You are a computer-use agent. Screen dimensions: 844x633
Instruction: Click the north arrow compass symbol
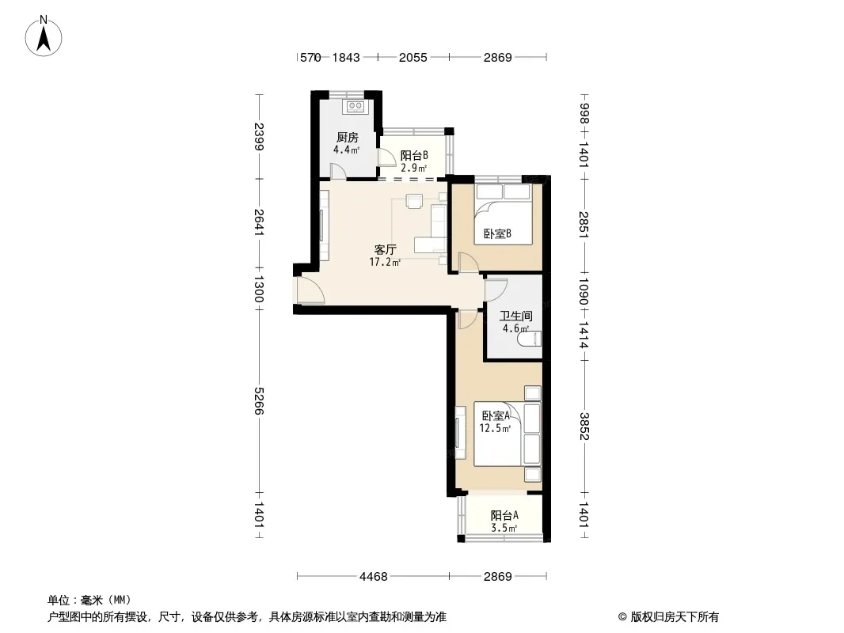coord(44,36)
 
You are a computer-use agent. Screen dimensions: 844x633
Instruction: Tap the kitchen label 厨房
coord(348,138)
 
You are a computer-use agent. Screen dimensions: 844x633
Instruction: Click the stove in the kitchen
coord(355,107)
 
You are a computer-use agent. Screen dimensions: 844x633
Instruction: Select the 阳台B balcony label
coord(414,155)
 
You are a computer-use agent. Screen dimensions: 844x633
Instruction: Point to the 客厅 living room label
coord(386,249)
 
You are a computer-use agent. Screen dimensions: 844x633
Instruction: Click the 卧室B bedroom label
coord(496,233)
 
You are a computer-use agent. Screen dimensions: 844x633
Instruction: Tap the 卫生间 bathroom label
coord(515,316)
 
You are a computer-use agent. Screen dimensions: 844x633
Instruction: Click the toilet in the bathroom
coord(529,339)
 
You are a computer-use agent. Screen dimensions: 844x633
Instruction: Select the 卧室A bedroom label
coord(496,415)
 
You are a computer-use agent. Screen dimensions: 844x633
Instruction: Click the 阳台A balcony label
coord(504,515)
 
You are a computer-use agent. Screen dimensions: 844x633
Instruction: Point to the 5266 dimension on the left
coord(258,400)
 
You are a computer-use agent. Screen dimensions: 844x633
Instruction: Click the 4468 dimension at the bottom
coord(374,577)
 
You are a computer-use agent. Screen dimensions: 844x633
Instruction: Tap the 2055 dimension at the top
coord(412,57)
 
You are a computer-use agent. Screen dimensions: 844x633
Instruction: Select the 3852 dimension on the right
coord(584,426)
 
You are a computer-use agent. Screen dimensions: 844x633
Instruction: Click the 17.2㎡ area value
coord(385,263)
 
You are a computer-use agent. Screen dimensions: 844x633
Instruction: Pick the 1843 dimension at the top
coord(345,57)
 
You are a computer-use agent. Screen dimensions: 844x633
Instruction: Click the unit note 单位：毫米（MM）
coord(89,601)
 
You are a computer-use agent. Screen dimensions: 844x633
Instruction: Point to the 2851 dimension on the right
coord(584,225)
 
